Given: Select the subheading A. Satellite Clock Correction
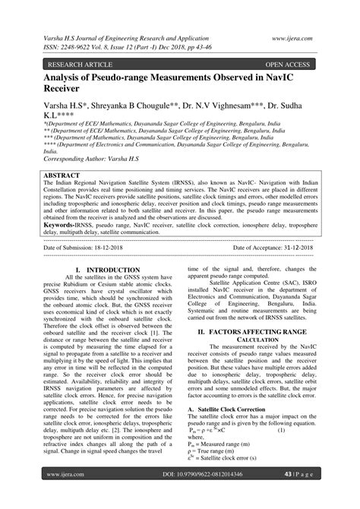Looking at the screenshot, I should point(232,409).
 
